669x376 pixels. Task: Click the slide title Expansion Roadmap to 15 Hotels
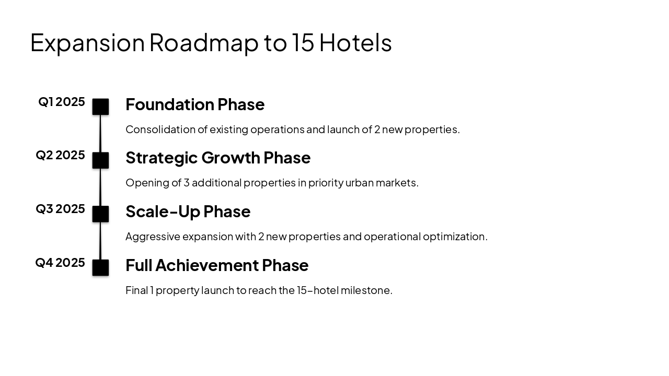point(211,43)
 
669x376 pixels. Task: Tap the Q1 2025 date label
point(62,102)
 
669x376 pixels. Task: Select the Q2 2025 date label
point(60,155)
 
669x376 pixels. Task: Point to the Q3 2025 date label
point(60,209)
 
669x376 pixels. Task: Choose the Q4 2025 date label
point(60,263)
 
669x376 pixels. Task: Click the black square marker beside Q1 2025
point(100,107)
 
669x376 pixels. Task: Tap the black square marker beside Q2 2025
point(100,160)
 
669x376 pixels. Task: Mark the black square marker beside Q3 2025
point(100,214)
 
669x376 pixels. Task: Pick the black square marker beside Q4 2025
point(100,267)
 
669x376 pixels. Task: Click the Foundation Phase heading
point(195,104)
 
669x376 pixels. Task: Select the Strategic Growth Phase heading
point(218,158)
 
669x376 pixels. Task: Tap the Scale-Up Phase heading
point(188,211)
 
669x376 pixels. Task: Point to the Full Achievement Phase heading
point(217,265)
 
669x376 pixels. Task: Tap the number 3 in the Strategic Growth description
point(186,183)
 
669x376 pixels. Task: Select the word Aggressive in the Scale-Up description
point(153,237)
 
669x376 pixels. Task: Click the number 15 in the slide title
point(303,43)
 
